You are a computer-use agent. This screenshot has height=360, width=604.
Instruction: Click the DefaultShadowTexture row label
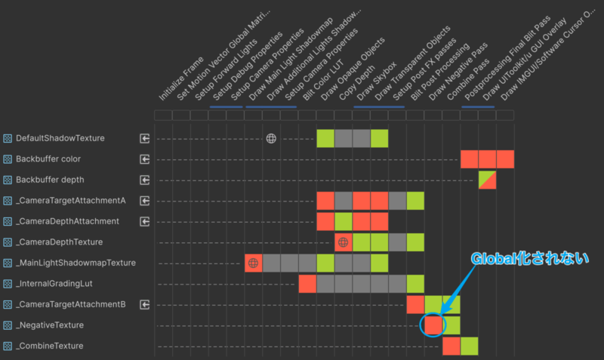click(x=60, y=139)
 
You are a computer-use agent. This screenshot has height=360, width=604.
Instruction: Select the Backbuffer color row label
click(x=48, y=159)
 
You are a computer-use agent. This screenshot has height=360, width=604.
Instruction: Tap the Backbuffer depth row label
click(x=50, y=180)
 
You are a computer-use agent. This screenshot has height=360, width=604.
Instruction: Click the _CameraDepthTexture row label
click(x=63, y=242)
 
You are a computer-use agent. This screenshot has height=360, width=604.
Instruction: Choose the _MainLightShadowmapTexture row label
click(x=75, y=263)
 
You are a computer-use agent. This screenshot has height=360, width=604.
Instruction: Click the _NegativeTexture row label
click(x=55, y=325)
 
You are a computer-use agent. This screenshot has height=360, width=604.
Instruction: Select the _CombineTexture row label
click(x=54, y=346)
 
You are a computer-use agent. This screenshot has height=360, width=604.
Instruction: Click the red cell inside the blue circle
click(x=433, y=325)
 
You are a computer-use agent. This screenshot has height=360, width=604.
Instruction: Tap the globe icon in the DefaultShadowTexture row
click(x=271, y=139)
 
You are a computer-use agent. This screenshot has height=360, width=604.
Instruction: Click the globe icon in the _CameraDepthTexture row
click(x=344, y=242)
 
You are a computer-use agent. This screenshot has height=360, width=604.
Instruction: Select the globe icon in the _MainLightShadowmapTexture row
click(x=254, y=263)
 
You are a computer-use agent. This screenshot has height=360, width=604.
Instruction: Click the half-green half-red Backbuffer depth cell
click(x=487, y=180)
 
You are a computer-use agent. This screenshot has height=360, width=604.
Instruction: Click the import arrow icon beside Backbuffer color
click(x=145, y=159)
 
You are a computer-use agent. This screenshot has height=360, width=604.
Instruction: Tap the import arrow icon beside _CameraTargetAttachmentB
click(x=145, y=304)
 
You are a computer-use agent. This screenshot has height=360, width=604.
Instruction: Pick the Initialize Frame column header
click(x=181, y=79)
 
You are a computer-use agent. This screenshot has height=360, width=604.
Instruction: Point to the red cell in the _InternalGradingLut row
click(x=307, y=284)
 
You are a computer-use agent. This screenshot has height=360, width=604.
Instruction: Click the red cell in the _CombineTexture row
click(x=451, y=346)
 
